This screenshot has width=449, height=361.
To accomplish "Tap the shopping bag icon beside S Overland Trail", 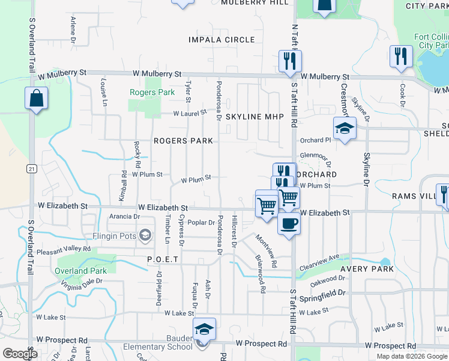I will (x=36, y=98).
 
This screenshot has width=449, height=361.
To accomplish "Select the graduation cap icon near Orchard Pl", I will (x=345, y=128).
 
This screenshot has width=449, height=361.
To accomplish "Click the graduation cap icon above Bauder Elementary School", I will (x=204, y=329).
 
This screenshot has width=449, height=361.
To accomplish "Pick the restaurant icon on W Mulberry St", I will (x=290, y=61).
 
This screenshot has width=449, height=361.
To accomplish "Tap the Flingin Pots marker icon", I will (x=145, y=235).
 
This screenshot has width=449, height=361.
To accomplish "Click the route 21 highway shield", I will (x=31, y=168).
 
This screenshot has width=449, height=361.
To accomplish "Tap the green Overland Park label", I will (x=80, y=271).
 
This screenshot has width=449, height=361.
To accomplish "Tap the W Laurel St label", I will (x=190, y=113).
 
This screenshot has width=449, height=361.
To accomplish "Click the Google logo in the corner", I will (x=20, y=354).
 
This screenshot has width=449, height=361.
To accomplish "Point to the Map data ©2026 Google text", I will (x=411, y=356).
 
